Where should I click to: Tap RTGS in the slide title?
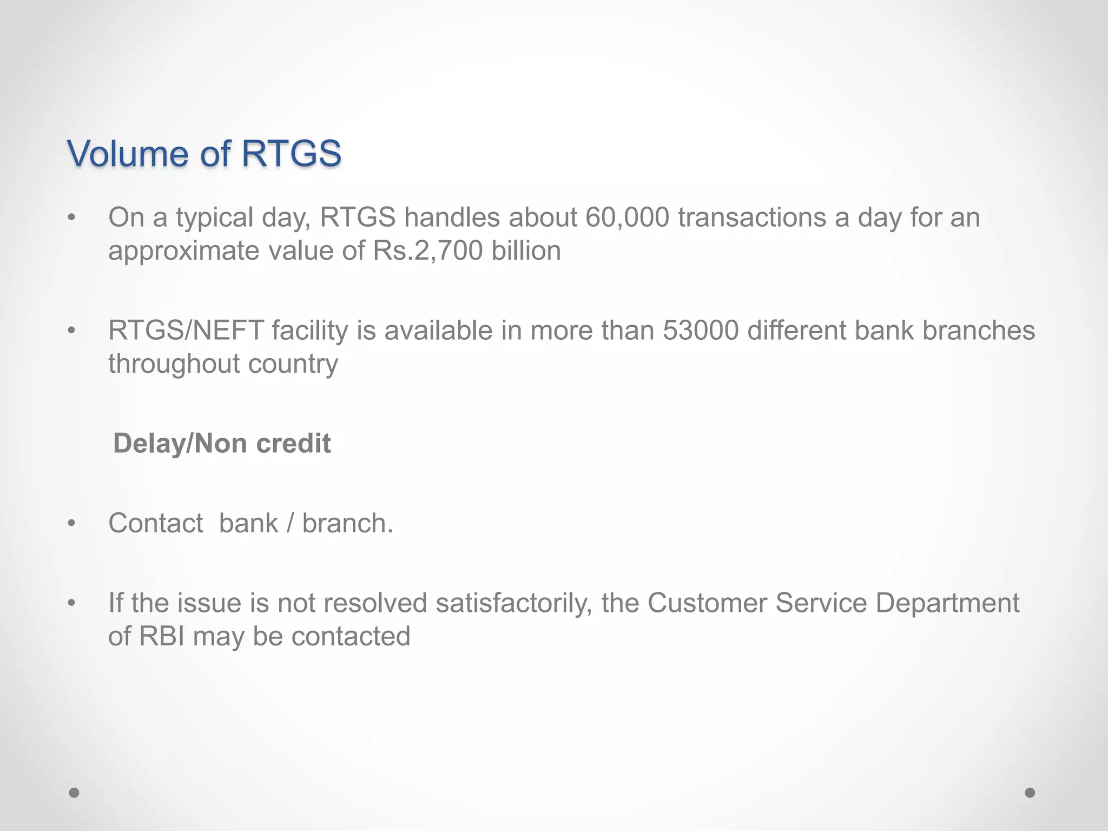tap(291, 154)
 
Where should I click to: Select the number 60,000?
tap(627, 217)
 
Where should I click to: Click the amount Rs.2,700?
tap(427, 251)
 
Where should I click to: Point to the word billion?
tap(526, 251)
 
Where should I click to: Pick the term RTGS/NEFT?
tap(186, 331)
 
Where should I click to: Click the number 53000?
tap(701, 331)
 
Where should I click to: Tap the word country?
tap(293, 364)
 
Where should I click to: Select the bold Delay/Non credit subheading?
tap(222, 444)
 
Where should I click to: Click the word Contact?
tap(156, 523)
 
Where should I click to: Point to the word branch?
tap(347, 523)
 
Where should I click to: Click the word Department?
tap(947, 603)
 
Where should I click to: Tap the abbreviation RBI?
tap(162, 636)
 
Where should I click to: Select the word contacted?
tap(351, 636)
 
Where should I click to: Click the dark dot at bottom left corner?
tap(74, 793)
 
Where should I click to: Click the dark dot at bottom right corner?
tap(1030, 793)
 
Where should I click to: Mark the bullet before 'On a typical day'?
tap(71, 218)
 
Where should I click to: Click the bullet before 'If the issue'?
tap(71, 603)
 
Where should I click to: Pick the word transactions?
tap(752, 217)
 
